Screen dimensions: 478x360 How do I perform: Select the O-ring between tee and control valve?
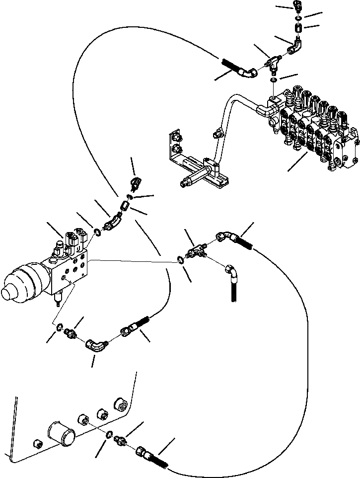tap(274, 80)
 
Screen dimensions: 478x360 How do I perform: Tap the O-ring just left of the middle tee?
tap(179, 258)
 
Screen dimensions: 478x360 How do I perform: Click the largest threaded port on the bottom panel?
tap(120, 403)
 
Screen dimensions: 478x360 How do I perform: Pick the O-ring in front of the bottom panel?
tap(109, 435)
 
